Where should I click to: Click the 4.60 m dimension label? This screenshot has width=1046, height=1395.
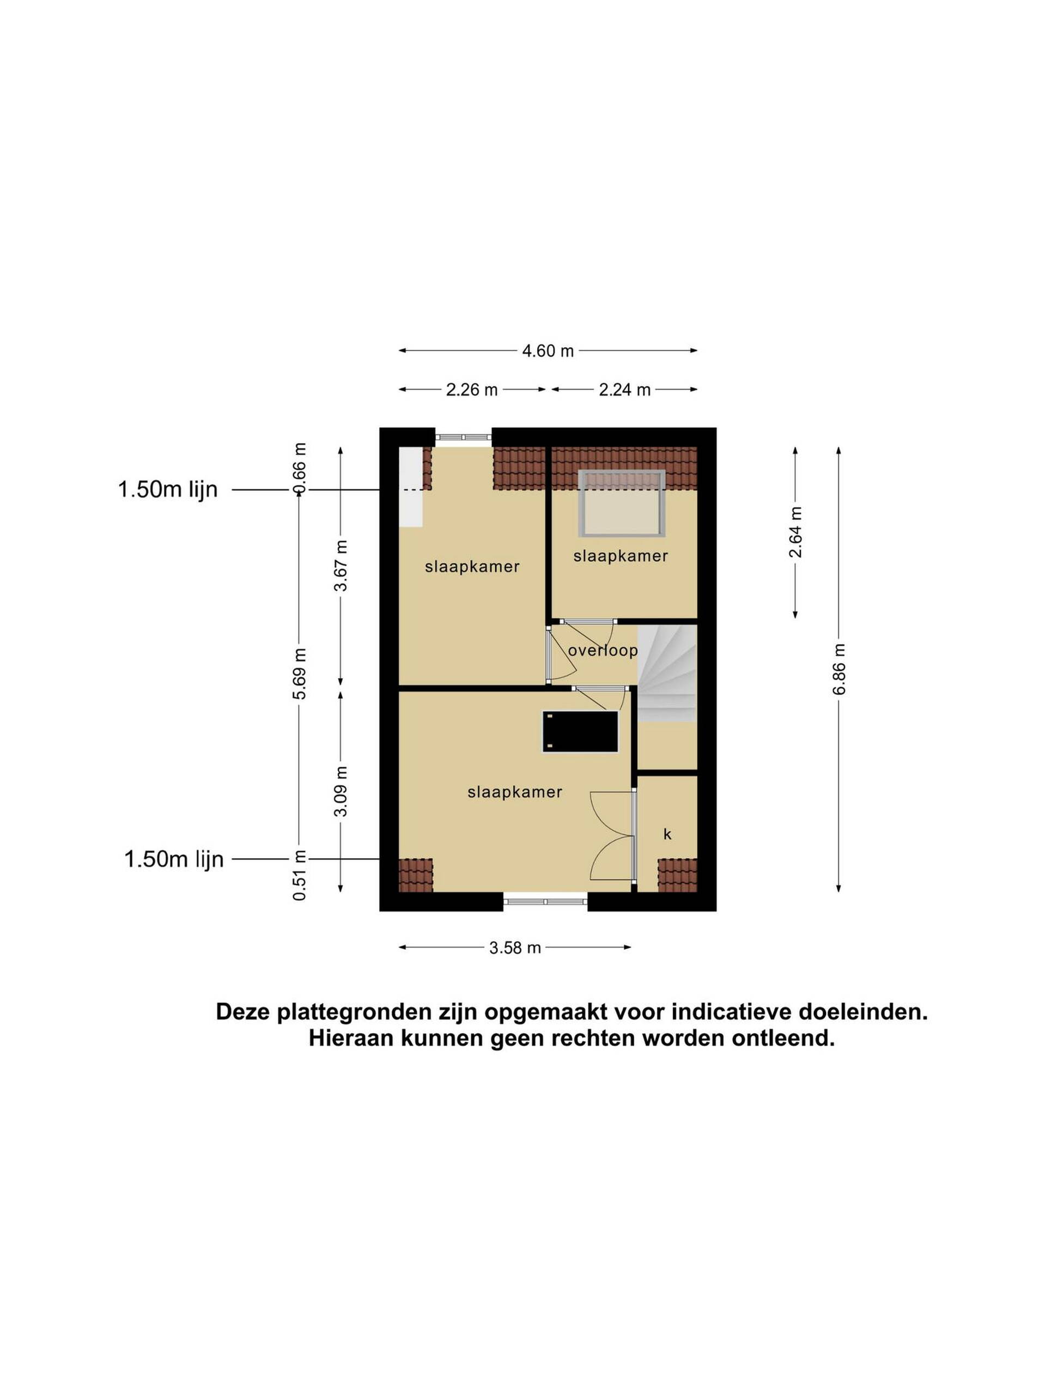coord(548,350)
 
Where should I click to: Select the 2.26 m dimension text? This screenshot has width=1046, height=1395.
coord(472,390)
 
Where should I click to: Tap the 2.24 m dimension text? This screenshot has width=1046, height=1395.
coord(624,390)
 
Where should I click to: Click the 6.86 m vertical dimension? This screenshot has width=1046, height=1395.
coord(838,669)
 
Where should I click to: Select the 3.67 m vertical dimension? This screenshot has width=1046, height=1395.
coord(340,566)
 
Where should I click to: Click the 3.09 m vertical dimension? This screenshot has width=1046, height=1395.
coord(340,791)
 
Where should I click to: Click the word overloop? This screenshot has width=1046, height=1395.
coord(603,650)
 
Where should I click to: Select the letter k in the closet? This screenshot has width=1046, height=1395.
coord(667,834)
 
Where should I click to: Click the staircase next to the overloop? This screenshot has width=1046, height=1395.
coord(667,674)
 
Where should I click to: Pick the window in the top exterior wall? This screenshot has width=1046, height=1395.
coord(464,437)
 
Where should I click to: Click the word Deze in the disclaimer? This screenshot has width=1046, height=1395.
coord(244,1012)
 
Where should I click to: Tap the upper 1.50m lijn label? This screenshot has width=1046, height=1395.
coord(168,489)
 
